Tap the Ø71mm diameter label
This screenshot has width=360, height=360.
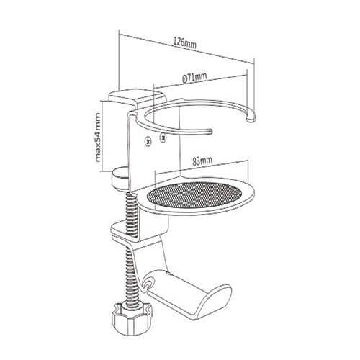pos(194,78)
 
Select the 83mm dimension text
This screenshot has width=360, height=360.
pos(202,161)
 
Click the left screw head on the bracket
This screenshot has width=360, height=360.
pos(148,140)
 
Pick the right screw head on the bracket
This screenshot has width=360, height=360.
pos(163,138)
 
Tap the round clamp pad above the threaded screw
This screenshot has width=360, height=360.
pos(121,179)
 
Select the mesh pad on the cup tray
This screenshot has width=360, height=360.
pos(194,195)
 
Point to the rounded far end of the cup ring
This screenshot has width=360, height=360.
pos(251,117)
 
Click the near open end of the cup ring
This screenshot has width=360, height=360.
pos(210,131)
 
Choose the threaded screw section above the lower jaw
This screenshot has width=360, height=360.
pos(132,213)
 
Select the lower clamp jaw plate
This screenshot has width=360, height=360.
pos(139,230)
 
